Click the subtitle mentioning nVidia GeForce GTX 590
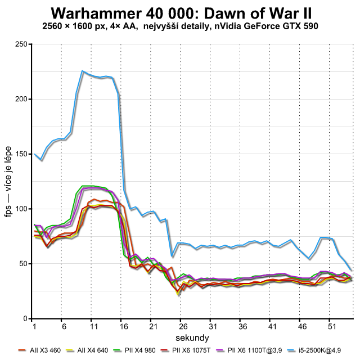[179, 26]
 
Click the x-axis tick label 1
[34, 326]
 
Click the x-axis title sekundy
[193, 337]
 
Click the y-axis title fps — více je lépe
[10, 181]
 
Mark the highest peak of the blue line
[82, 71]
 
